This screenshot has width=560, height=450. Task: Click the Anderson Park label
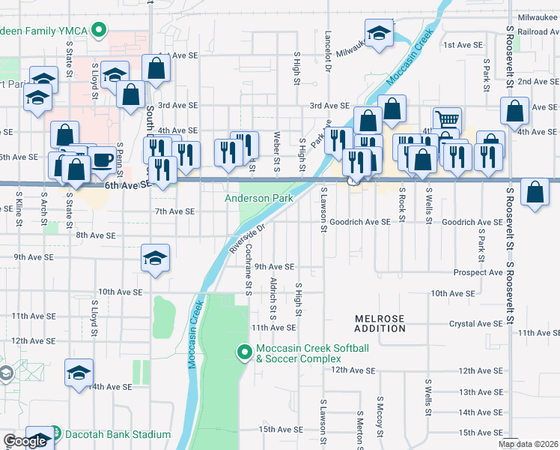pyautogui.click(x=258, y=199)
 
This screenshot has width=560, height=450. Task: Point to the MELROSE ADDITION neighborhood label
pyautogui.click(x=380, y=323)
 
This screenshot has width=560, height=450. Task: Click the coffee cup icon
pyautogui.click(x=103, y=159)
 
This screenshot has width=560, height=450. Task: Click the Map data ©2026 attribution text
pyautogui.click(x=529, y=444)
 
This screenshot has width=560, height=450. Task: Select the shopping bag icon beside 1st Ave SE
pyautogui.click(x=156, y=68)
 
